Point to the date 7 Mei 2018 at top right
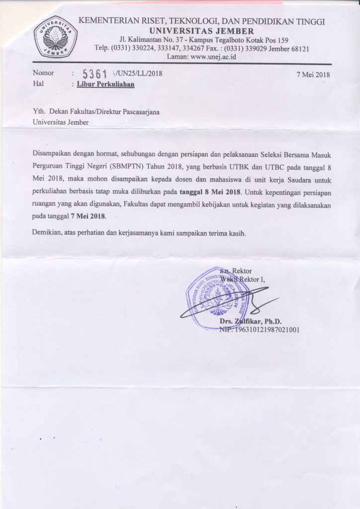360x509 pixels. click(313, 75)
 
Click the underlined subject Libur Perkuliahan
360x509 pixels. click(105, 85)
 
